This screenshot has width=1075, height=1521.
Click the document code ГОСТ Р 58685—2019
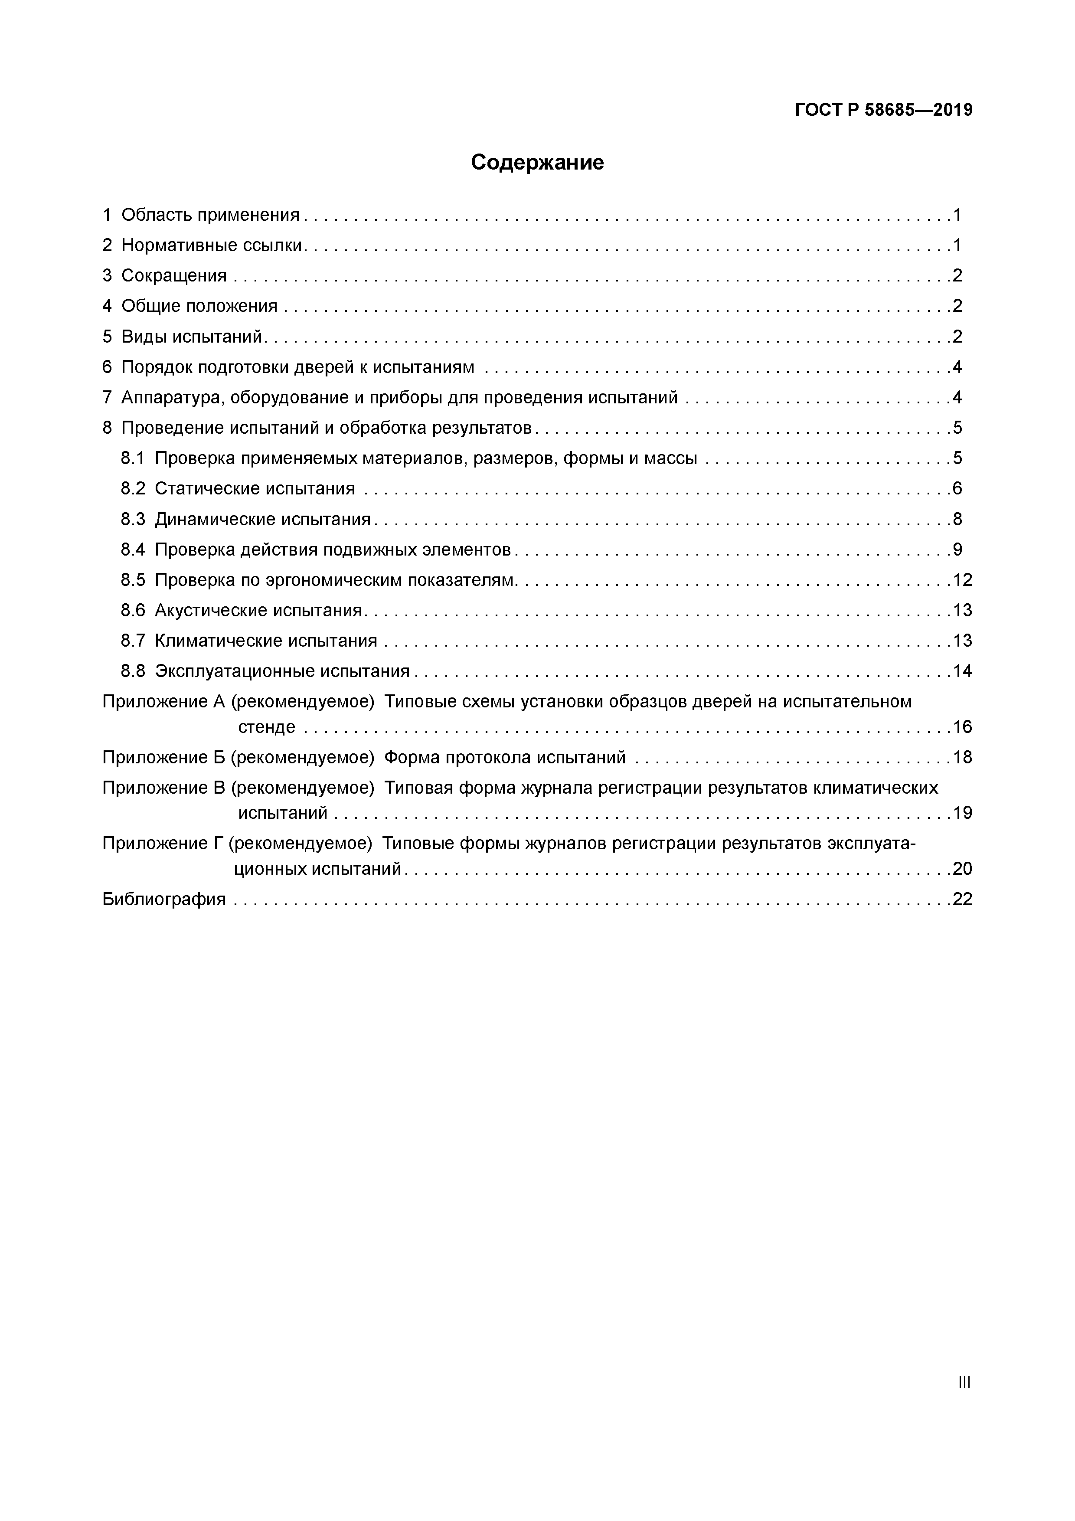[884, 110]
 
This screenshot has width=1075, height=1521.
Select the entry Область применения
[210, 215]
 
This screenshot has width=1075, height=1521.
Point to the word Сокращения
[173, 275]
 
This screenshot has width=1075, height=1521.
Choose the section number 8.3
[132, 520]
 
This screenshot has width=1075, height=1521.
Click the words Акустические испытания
[258, 611]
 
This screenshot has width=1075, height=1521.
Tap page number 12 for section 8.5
[962, 580]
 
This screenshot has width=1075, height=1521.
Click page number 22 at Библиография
[962, 900]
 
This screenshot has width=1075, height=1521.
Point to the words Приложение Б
[164, 757]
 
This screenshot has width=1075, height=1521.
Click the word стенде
[266, 727]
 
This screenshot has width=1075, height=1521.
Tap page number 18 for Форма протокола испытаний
[962, 757]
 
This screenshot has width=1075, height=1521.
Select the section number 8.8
[132, 672]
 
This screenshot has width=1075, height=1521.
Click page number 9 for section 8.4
[957, 550]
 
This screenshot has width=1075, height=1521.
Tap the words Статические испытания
[255, 489]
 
